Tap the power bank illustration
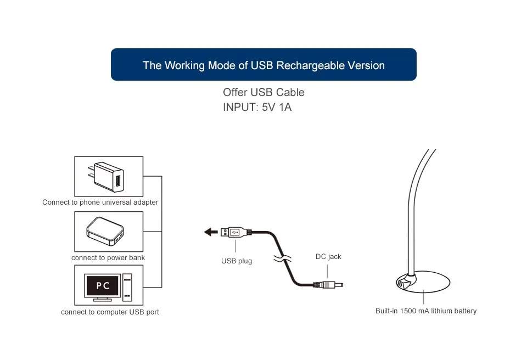[105, 230]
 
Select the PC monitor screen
[103, 285]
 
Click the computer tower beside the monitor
[127, 287]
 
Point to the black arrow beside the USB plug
[211, 232]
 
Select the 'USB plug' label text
[237, 261]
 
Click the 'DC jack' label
[328, 256]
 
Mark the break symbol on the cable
[282, 259]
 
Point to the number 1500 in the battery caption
[408, 311]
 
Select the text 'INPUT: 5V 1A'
[257, 107]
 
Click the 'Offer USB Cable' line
[263, 92]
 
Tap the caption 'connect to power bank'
[108, 258]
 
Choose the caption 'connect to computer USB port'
[110, 312]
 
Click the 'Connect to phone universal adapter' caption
[100, 203]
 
